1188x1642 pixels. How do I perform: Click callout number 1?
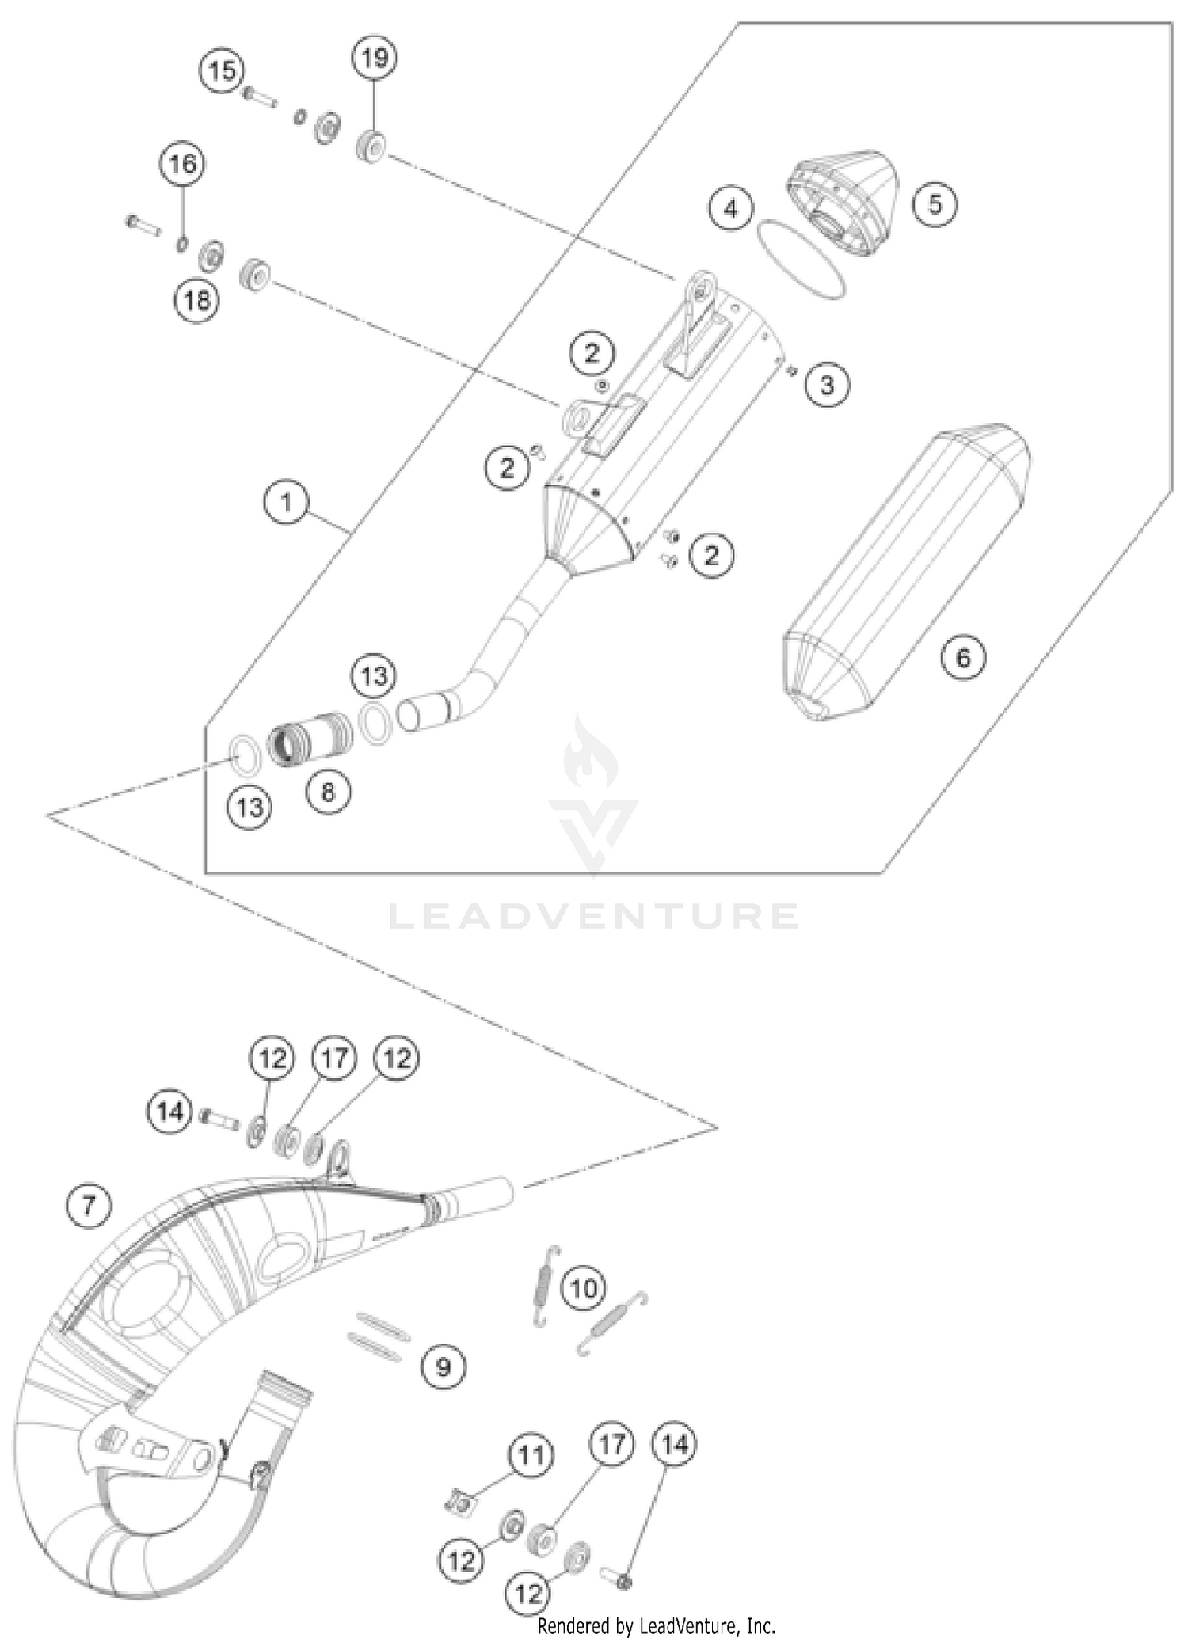[x=286, y=503]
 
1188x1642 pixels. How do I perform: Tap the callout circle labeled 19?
[x=375, y=58]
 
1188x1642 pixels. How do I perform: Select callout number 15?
[x=222, y=70]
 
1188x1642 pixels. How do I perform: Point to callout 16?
[x=182, y=164]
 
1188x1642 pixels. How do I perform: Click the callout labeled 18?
[x=196, y=300]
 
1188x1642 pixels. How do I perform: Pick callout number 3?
[x=827, y=386]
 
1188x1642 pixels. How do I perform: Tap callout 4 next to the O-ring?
[x=730, y=208]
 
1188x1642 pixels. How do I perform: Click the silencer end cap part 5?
[x=843, y=202]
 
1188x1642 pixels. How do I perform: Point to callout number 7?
[x=88, y=1206]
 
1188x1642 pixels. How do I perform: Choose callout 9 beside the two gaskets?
[x=443, y=1366]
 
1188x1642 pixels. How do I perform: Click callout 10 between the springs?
[x=584, y=1288]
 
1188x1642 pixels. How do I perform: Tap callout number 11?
[x=530, y=1454]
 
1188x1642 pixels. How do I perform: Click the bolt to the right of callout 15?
[x=259, y=97]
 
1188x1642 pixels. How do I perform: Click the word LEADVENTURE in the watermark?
[x=593, y=916]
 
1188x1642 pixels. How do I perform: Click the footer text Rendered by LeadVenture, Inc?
[x=656, y=1626]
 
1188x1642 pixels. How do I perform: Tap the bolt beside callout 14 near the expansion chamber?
[x=221, y=1119]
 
